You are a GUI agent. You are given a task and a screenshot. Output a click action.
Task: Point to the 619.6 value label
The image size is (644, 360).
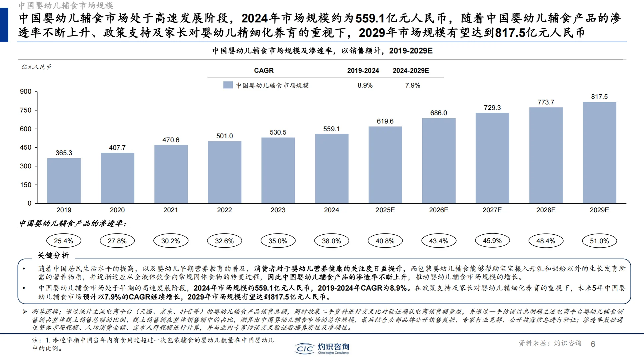point(385,121)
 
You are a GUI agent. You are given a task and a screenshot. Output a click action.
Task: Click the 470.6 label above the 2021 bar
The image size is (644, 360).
point(171,140)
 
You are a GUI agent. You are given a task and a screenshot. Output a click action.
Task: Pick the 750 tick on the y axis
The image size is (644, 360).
point(26,110)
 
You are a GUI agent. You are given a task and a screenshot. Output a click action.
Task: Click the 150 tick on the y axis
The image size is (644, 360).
point(26,185)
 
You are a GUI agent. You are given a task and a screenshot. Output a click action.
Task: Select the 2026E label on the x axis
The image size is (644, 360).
point(439,210)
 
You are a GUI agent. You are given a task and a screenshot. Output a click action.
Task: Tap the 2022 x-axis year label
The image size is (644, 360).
point(224,210)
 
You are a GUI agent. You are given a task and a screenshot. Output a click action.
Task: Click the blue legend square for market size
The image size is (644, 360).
point(228,85)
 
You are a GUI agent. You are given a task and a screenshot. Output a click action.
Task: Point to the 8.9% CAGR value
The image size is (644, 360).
point(365,85)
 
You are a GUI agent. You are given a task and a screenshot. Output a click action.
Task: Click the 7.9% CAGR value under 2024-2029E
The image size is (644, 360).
point(413,85)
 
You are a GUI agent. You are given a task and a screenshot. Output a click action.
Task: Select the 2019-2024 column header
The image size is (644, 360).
point(363,71)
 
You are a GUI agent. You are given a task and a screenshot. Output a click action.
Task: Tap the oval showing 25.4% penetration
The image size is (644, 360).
point(63,241)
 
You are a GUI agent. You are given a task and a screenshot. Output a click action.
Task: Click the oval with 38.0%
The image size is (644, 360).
point(332,241)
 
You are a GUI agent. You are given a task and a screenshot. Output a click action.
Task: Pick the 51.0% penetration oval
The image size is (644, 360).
point(599,241)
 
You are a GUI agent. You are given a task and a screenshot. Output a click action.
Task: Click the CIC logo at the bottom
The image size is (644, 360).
point(304,349)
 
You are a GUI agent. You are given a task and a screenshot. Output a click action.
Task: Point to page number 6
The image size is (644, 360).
point(593,344)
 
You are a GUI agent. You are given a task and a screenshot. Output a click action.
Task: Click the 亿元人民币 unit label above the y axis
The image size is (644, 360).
point(36,67)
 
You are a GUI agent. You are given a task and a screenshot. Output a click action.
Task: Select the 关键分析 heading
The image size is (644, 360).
point(53,255)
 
